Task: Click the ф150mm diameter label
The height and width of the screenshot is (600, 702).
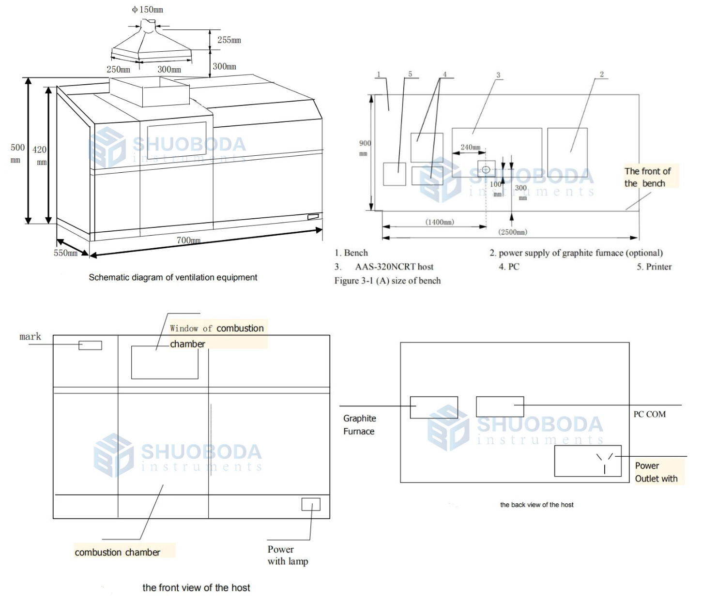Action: pyautogui.click(x=148, y=10)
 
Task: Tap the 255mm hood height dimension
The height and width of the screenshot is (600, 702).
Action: pyautogui.click(x=229, y=40)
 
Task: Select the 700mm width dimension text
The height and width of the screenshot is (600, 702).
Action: pyautogui.click(x=188, y=240)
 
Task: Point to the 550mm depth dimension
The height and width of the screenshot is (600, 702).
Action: pyautogui.click(x=65, y=253)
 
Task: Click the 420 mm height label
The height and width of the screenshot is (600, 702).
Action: pyautogui.click(x=40, y=155)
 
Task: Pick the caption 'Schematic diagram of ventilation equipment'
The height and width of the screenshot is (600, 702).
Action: pyautogui.click(x=173, y=278)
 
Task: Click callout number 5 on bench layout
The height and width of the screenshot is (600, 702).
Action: pyautogui.click(x=410, y=75)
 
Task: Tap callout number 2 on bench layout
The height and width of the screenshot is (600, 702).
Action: pyautogui.click(x=602, y=75)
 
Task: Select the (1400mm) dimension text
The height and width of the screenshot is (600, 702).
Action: pyautogui.click(x=440, y=222)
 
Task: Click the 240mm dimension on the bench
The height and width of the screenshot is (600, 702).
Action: pyautogui.click(x=470, y=147)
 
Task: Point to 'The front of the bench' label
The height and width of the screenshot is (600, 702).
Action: pyautogui.click(x=647, y=177)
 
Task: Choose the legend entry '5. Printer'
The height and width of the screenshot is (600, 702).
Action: pyautogui.click(x=654, y=267)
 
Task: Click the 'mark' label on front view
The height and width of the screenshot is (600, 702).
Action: pyautogui.click(x=30, y=337)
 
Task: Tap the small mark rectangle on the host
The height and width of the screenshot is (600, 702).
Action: pyautogui.click(x=91, y=345)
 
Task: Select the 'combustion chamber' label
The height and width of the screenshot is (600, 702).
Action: pyautogui.click(x=118, y=553)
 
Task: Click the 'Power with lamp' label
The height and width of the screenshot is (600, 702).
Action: pyautogui.click(x=288, y=555)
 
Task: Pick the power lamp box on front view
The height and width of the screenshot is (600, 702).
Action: pyautogui.click(x=311, y=504)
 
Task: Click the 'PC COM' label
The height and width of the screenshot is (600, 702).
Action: pyautogui.click(x=649, y=415)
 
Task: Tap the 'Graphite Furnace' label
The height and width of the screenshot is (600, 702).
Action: pyautogui.click(x=359, y=425)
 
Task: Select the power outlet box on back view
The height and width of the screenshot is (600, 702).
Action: pyautogui.click(x=588, y=461)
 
